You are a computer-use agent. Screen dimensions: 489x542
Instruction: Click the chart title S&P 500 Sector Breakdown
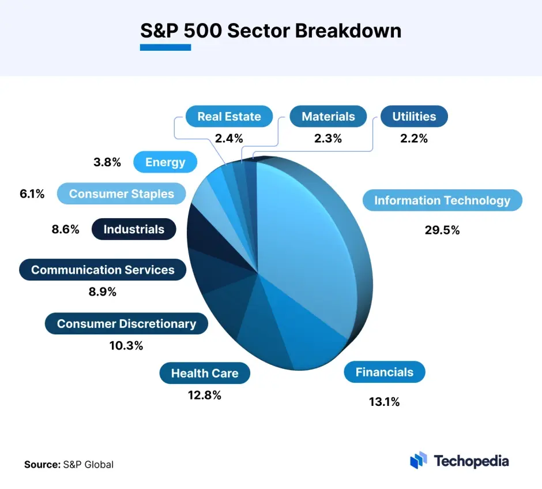pyautogui.click(x=271, y=30)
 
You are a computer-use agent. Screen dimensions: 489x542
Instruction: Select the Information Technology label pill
pyautogui.click(x=442, y=200)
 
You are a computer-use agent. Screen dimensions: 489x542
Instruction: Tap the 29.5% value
pyautogui.click(x=442, y=230)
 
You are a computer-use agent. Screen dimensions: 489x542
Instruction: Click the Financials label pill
pyautogui.click(x=384, y=372)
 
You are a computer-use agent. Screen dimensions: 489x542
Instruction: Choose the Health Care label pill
pyautogui.click(x=205, y=374)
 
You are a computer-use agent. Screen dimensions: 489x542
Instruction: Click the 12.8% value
pyautogui.click(x=205, y=395)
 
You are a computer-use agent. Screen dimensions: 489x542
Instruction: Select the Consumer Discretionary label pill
pyautogui.click(x=126, y=324)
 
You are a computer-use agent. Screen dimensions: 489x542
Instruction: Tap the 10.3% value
pyautogui.click(x=126, y=346)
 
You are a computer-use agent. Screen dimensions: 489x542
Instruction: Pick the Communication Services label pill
pyautogui.click(x=103, y=270)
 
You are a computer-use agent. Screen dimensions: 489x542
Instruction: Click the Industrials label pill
pyautogui.click(x=134, y=229)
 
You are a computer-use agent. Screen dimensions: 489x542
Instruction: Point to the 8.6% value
pyautogui.click(x=65, y=229)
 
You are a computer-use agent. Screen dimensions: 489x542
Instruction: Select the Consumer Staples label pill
pyautogui.click(x=121, y=193)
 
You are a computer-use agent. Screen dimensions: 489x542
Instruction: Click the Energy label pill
pyautogui.click(x=165, y=162)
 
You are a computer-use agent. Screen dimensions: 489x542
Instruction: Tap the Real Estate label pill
pyautogui.click(x=229, y=116)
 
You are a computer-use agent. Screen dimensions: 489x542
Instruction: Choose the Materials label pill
pyautogui.click(x=328, y=116)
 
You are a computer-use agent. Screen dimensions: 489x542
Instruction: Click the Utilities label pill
pyautogui.click(x=414, y=116)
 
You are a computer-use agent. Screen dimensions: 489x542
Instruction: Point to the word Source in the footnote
pyautogui.click(x=42, y=464)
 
